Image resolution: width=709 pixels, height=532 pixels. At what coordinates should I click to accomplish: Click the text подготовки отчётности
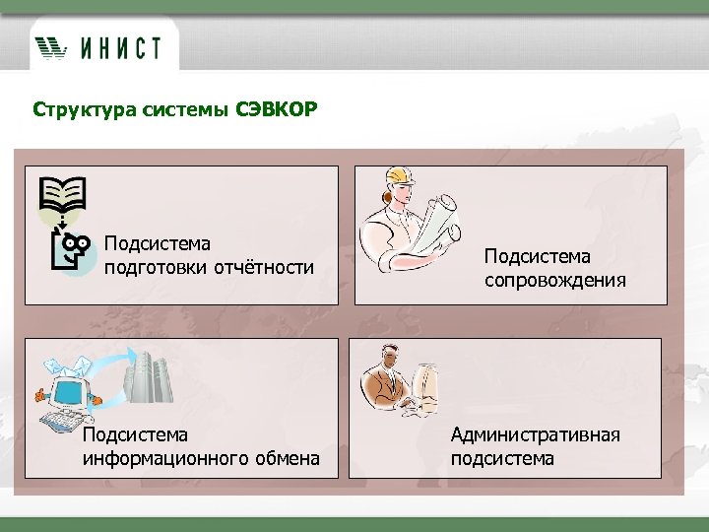click(x=209, y=266)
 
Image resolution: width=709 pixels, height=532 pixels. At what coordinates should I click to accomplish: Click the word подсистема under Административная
click(x=502, y=458)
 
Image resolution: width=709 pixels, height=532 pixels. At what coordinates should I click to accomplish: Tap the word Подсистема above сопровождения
click(x=537, y=256)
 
